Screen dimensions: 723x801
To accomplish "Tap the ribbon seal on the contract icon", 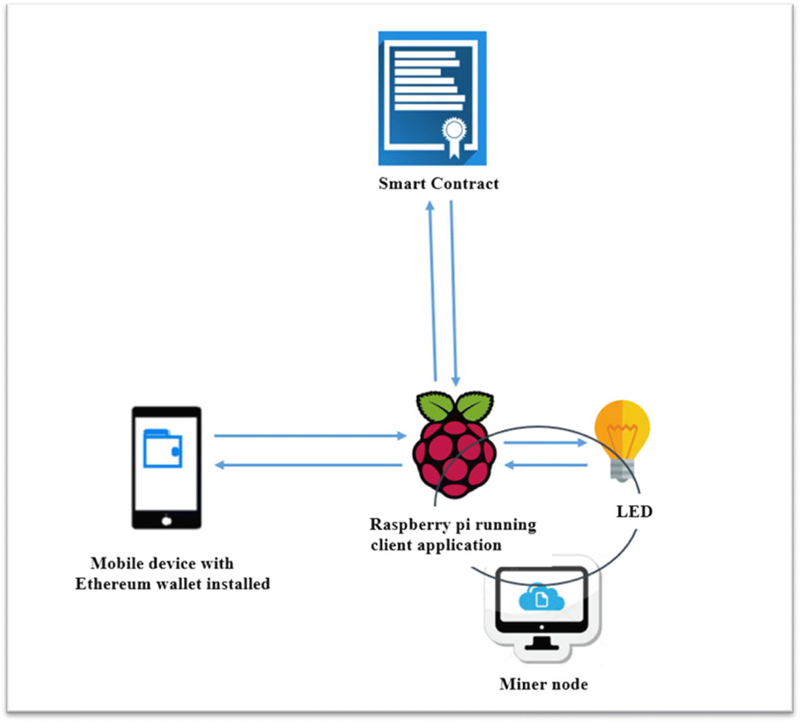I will point(453,135).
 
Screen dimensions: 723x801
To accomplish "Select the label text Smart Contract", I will point(438,184).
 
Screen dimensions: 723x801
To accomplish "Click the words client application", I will point(436,545).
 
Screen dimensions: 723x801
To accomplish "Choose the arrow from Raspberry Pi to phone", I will point(309,465).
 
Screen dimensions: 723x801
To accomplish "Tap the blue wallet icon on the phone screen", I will point(163,448).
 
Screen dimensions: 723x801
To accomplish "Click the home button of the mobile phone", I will point(166,521).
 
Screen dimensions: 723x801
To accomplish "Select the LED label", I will point(634,511).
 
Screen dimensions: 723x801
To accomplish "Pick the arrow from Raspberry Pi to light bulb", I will point(545,443).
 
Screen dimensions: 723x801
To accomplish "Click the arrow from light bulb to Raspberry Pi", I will point(547,465).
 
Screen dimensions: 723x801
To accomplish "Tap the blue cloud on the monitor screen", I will point(541,598).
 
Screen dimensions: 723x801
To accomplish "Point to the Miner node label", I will point(543,684).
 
